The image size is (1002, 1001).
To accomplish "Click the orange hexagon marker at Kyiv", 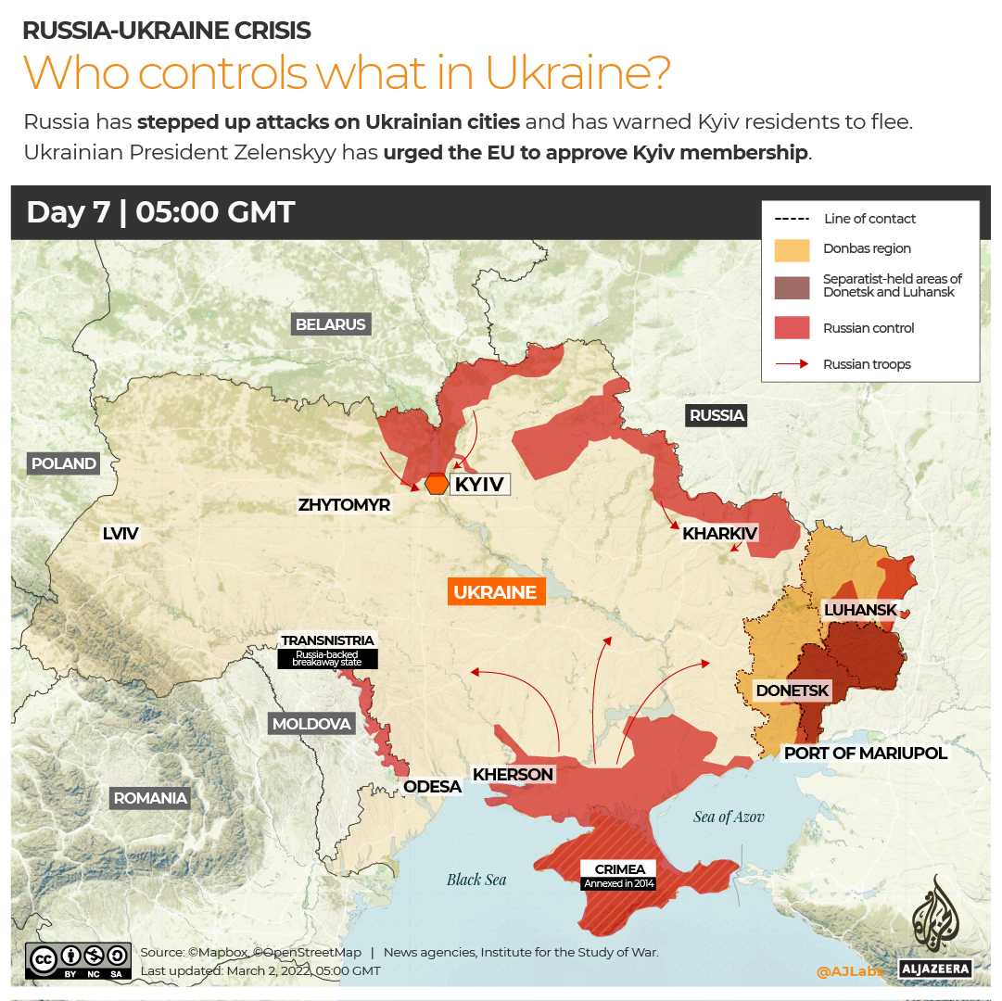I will pyautogui.click(x=437, y=484).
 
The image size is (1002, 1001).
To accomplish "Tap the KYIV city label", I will pyautogui.click(x=479, y=484).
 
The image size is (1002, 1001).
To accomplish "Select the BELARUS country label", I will pyautogui.click(x=331, y=324).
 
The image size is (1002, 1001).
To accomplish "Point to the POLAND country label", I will pyautogui.click(x=64, y=463).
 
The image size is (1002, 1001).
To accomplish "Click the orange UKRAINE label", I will pyautogui.click(x=495, y=592).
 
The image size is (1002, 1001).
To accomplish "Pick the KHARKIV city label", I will pyautogui.click(x=720, y=533).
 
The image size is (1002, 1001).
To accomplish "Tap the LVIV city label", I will pyautogui.click(x=120, y=533).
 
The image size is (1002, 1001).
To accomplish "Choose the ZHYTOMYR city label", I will pyautogui.click(x=344, y=505).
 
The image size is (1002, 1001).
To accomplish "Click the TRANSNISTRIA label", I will pyautogui.click(x=328, y=640).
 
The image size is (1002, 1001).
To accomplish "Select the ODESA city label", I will pyautogui.click(x=432, y=787).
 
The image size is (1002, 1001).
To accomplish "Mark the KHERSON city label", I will pyautogui.click(x=513, y=775).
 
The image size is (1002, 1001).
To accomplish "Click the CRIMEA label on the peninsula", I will pyautogui.click(x=619, y=869).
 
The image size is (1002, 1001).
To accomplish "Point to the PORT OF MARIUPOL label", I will pyautogui.click(x=866, y=754).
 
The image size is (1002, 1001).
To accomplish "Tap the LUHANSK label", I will pyautogui.click(x=860, y=610).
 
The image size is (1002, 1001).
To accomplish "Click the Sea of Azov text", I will pyautogui.click(x=729, y=817).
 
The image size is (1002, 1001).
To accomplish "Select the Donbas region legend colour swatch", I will pyautogui.click(x=792, y=249).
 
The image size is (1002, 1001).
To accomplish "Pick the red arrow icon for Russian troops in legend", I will pyautogui.click(x=792, y=364).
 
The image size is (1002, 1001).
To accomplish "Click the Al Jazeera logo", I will pyautogui.click(x=935, y=927).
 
